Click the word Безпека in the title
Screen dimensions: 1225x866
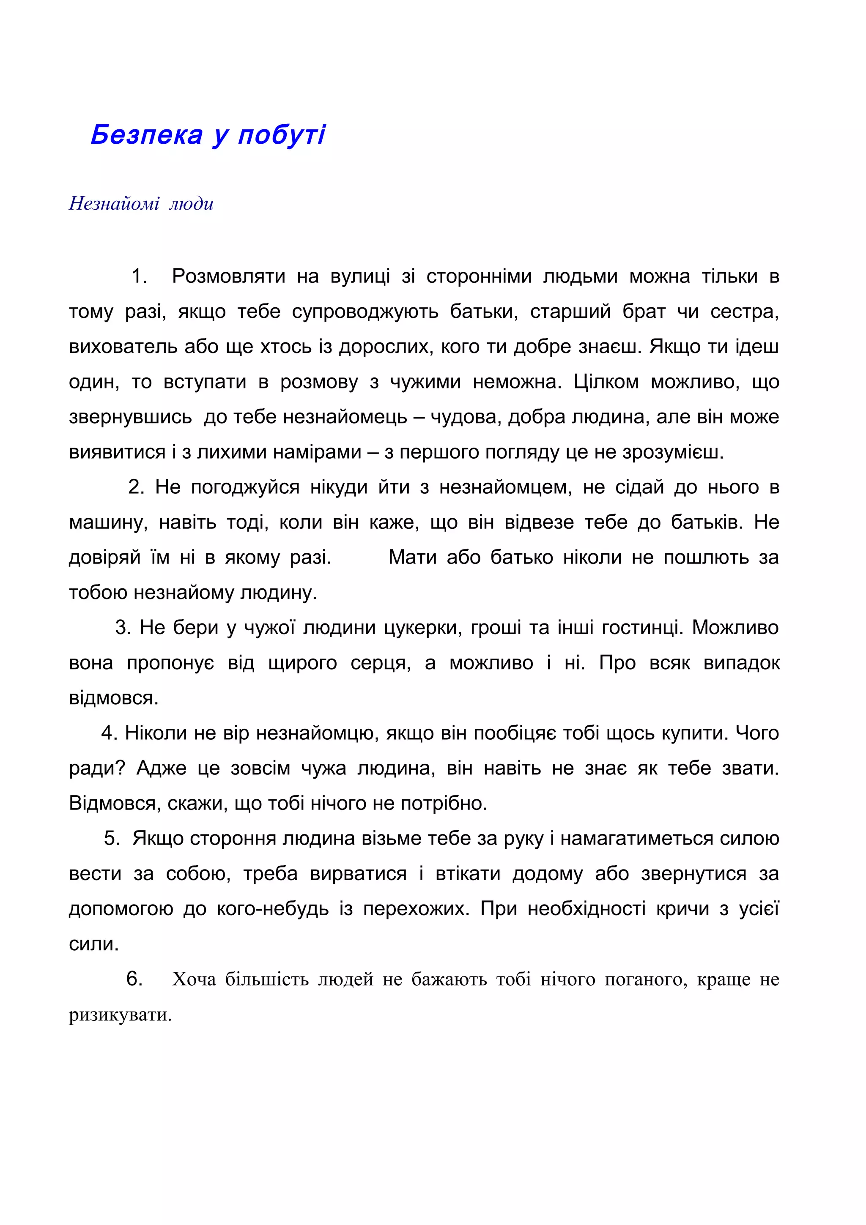click(x=147, y=134)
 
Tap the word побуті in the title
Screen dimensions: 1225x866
click(x=281, y=134)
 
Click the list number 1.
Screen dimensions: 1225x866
click(x=138, y=276)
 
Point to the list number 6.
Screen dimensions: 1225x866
click(x=134, y=979)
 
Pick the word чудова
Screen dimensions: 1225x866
click(x=465, y=417)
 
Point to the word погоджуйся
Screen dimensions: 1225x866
click(x=245, y=487)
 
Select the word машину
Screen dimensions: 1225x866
click(x=107, y=522)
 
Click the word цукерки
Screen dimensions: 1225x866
click(x=422, y=628)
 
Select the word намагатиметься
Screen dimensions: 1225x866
click(x=636, y=839)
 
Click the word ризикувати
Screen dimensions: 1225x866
click(x=120, y=1014)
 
